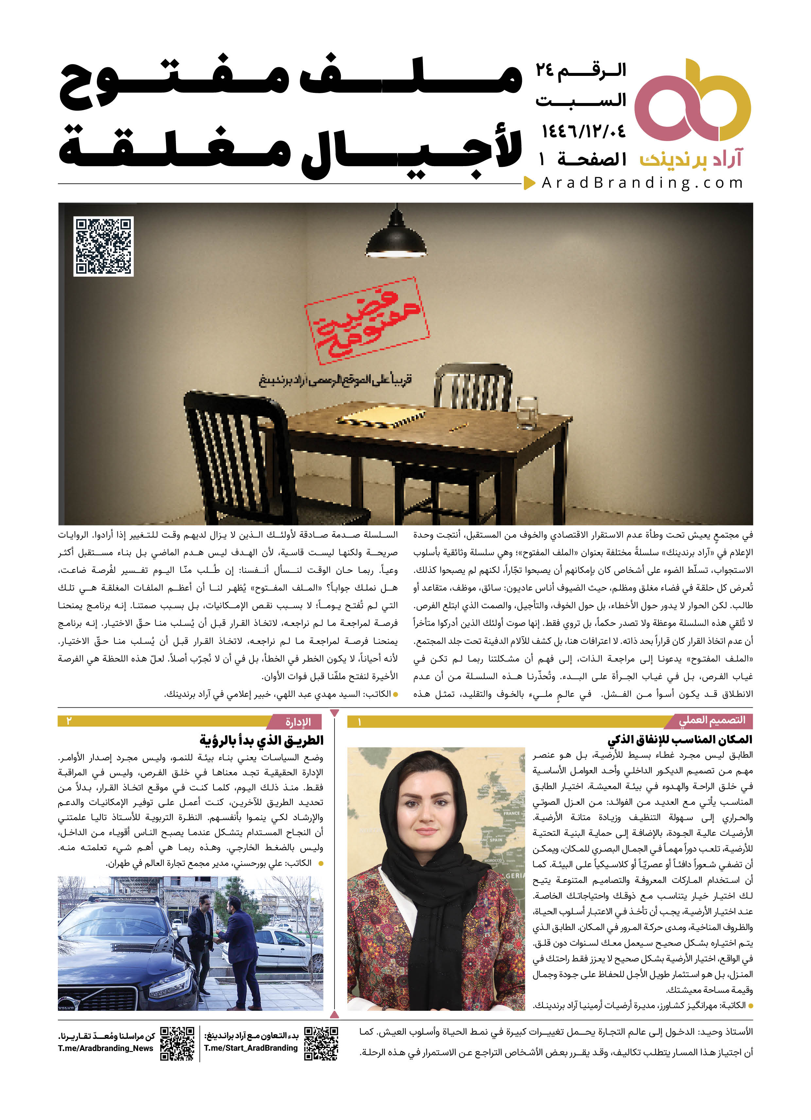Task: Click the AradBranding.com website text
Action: coord(642,183)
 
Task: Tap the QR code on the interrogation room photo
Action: coord(103,246)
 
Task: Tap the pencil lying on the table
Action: coord(459,427)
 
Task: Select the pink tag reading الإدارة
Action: coord(298,722)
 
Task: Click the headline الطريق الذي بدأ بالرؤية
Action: coord(262,740)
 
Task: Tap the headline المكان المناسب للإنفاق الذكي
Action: coord(680,739)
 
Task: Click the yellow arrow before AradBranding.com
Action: coord(529,183)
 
